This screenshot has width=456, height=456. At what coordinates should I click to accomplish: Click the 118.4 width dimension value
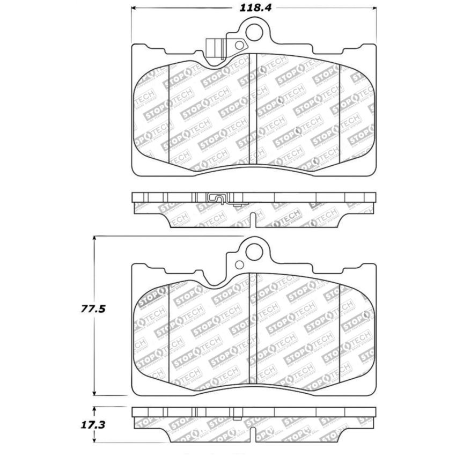(x=253, y=8)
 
